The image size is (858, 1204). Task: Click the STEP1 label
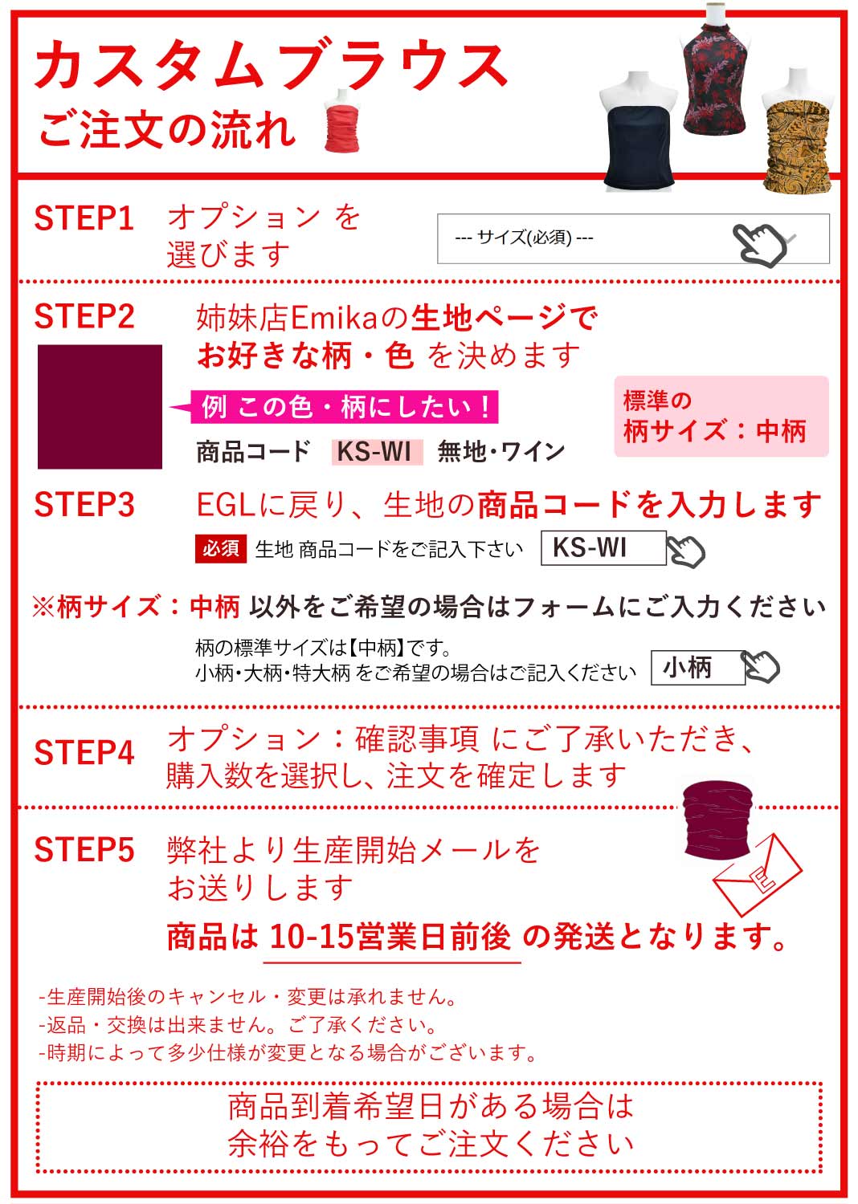[84, 218]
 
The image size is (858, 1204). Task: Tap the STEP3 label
[84, 505]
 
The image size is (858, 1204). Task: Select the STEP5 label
[84, 850]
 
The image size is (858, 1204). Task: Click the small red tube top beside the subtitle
[341, 124]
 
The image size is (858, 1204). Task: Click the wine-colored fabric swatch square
[100, 406]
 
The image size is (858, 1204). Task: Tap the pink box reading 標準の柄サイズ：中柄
[721, 416]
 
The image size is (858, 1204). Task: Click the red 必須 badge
[220, 548]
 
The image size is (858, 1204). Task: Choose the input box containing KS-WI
[603, 548]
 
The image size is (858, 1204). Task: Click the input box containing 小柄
[697, 667]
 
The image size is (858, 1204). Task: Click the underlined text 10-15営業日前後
[390, 937]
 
